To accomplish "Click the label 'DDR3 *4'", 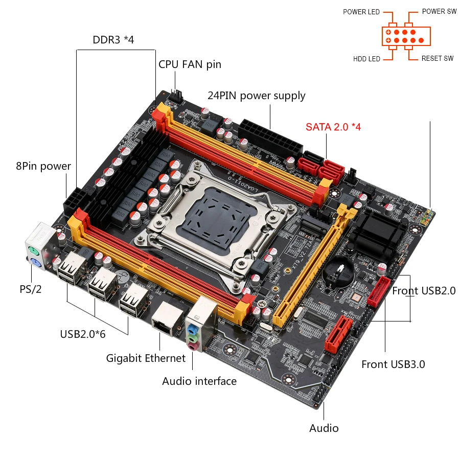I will coord(113,39).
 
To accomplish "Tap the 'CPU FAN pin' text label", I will coord(190,64).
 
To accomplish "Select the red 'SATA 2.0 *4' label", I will coord(333,127).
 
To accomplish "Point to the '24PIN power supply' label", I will coord(257,96).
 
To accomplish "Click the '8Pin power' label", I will coord(43,166).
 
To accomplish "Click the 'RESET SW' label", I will coord(437,59).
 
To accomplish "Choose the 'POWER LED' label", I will coord(361,12).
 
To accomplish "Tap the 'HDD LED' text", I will coord(366,59).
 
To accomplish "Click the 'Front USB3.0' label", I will coord(393,364).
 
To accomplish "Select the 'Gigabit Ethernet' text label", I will coord(146,358).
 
